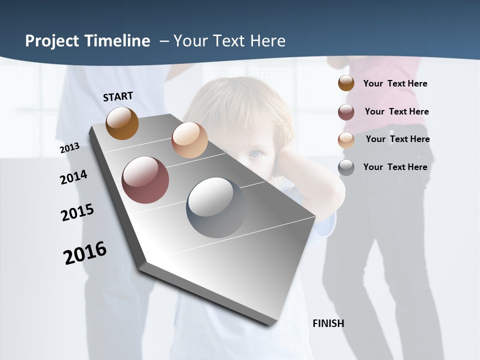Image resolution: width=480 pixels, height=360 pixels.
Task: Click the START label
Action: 118,96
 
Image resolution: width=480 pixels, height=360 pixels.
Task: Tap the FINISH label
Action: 328,323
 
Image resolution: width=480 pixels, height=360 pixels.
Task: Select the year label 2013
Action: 69,147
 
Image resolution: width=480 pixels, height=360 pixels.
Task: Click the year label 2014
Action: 73,177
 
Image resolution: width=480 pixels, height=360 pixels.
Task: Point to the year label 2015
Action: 77,212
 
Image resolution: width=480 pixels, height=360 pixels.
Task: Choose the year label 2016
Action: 85,252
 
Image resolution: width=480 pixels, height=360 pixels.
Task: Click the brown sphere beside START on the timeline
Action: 122,123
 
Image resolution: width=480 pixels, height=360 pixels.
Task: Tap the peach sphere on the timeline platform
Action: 189,140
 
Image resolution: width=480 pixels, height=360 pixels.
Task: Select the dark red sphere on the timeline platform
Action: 145,180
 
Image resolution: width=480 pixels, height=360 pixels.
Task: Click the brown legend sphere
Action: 346,83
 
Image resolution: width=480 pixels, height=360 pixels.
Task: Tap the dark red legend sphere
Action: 346,112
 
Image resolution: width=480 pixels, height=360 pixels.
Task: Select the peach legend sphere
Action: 346,140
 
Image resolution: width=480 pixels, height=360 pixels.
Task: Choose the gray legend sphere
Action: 346,167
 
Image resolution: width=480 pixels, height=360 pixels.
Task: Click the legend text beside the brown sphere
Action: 395,83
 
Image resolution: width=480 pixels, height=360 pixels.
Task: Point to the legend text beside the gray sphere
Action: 395,167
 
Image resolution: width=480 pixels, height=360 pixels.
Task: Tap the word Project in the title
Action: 52,41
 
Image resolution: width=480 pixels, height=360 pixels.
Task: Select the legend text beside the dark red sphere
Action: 396,111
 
